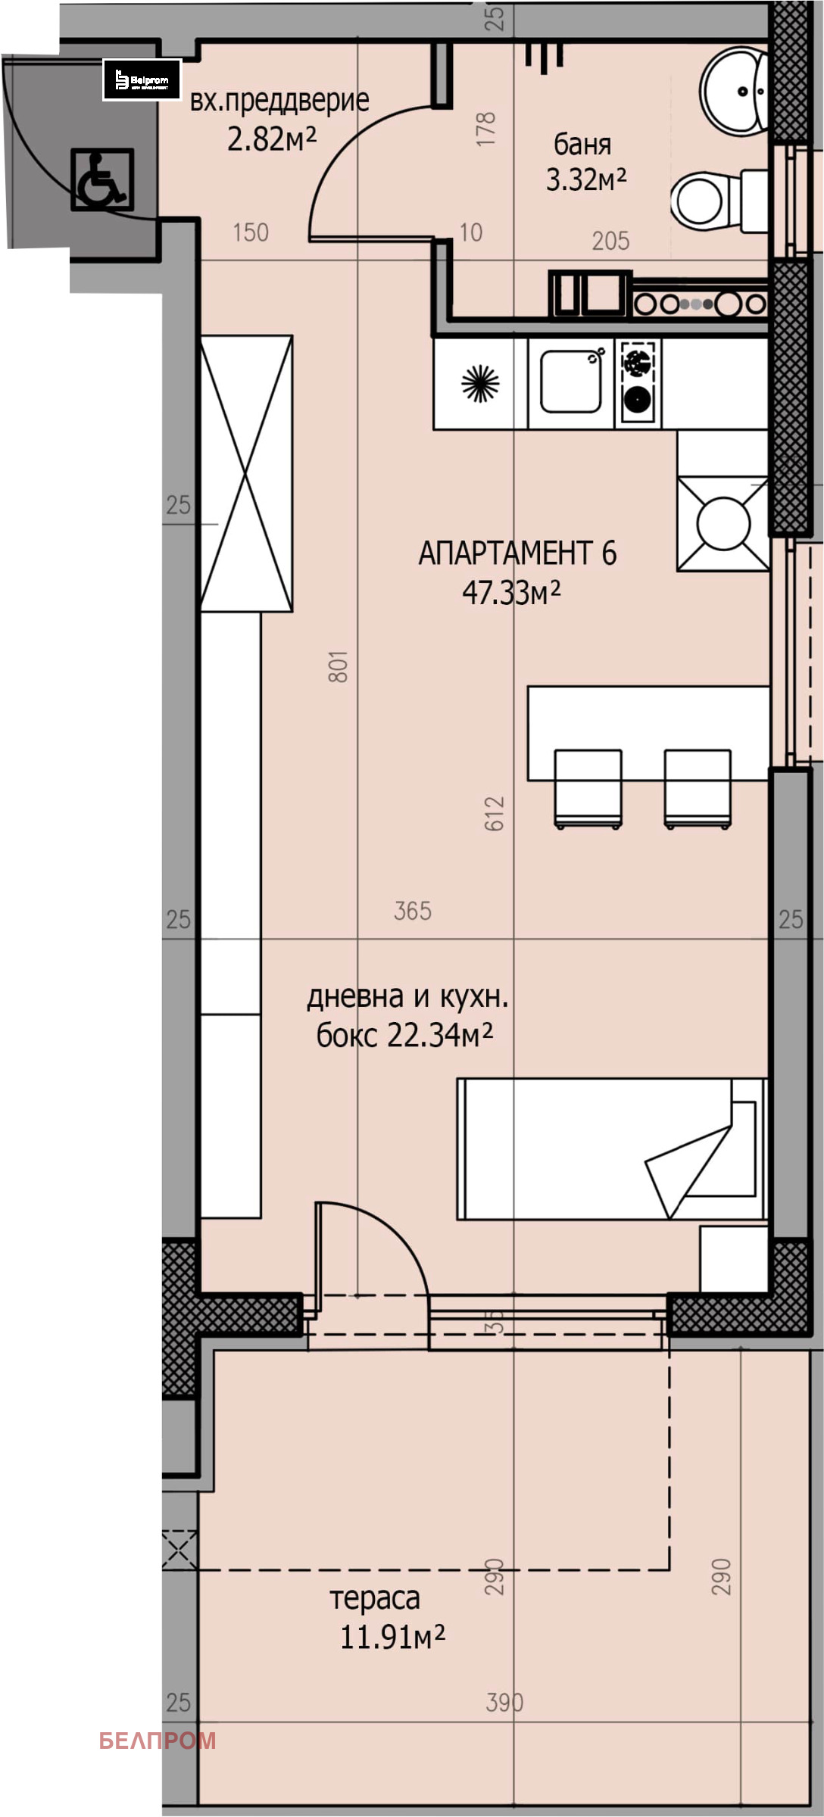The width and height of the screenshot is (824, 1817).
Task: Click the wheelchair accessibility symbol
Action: pyautogui.click(x=102, y=179)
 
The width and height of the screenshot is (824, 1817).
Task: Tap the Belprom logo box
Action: pyautogui.click(x=142, y=79)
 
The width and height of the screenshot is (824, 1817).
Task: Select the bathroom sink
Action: pyautogui.click(x=734, y=92)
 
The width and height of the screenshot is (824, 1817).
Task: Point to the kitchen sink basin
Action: pyautogui.click(x=570, y=380)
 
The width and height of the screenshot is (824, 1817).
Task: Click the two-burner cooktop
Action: pyautogui.click(x=638, y=380)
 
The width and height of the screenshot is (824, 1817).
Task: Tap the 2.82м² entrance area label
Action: pyautogui.click(x=272, y=139)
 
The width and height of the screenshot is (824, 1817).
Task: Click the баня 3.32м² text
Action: pyautogui.click(x=585, y=162)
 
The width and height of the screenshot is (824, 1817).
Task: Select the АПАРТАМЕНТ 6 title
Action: pyautogui.click(x=517, y=554)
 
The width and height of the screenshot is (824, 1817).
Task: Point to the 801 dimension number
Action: pyautogui.click(x=338, y=666)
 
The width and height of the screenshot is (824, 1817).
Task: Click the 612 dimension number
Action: pyautogui.click(x=494, y=814)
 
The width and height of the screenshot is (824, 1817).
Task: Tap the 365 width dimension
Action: pyautogui.click(x=413, y=911)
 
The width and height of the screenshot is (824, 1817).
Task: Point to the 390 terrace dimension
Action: pyautogui.click(x=504, y=1703)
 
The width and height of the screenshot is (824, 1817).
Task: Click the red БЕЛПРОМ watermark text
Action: pyautogui.click(x=158, y=1741)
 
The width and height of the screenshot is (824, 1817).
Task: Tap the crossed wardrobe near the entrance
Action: pyautogui.click(x=246, y=473)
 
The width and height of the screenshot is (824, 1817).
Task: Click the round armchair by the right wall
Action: pyautogui.click(x=723, y=523)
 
